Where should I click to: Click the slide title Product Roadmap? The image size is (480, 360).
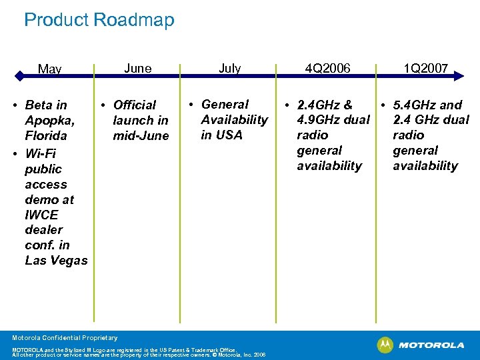click(99, 19)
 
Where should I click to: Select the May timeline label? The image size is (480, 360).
click(49, 69)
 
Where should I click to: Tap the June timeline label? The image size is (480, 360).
click(137, 68)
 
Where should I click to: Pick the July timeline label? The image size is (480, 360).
click(229, 68)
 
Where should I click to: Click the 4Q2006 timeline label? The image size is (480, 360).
click(327, 68)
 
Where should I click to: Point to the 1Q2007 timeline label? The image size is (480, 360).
click(425, 68)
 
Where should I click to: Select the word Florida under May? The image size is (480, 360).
click(46, 136)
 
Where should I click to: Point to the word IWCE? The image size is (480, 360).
click(41, 215)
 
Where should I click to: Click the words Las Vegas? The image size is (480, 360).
click(56, 261)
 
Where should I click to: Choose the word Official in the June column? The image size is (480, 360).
click(135, 105)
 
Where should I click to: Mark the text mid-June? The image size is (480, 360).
click(141, 136)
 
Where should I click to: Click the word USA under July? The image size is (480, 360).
click(229, 135)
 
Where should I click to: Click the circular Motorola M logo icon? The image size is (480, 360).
click(385, 345)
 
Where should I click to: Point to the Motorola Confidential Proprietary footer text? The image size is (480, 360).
click(65, 338)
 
